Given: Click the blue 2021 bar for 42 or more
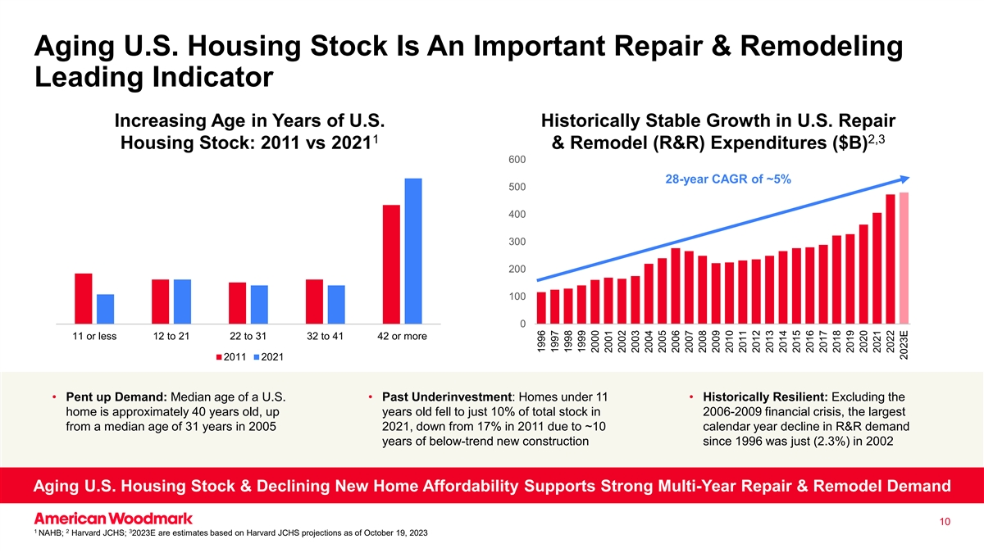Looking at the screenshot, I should point(413,251).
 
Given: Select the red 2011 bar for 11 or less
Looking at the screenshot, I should point(83,298).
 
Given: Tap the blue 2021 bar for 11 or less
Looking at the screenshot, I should point(105,309).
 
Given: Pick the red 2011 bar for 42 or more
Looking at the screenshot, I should point(391,264).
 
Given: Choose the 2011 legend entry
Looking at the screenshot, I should point(234,358).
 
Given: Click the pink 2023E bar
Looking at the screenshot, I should point(904,258).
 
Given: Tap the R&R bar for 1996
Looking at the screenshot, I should point(541,308).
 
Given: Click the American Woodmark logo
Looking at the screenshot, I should point(113,519).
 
